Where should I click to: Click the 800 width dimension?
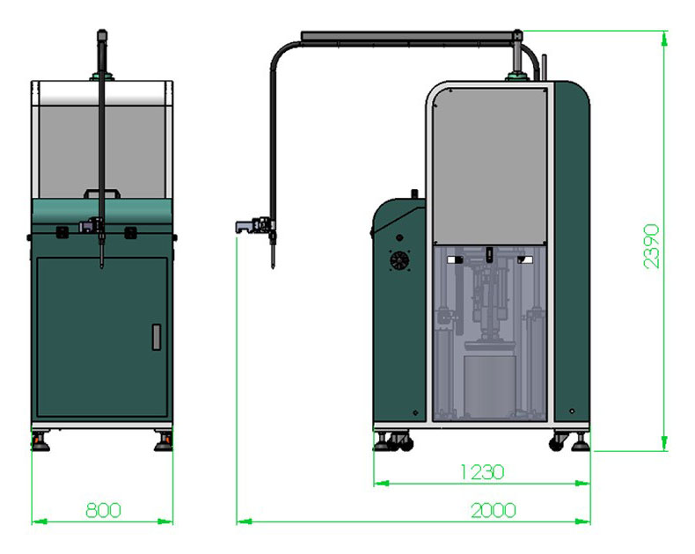(103, 510)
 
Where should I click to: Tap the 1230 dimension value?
(482, 472)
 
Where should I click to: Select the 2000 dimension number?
(494, 511)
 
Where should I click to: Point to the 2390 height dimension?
(651, 246)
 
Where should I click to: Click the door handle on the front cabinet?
(156, 338)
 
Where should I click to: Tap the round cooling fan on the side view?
(399, 260)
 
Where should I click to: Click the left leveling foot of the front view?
(40, 441)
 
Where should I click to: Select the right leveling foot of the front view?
(164, 441)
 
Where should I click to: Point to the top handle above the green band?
(102, 193)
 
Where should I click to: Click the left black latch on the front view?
(62, 232)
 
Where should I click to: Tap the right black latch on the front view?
(130, 232)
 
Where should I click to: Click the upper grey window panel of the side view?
(490, 165)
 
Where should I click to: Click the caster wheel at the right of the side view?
(557, 442)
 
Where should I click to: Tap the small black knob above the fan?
(399, 238)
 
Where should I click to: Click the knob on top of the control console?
(415, 194)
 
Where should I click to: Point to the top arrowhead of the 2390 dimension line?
(664, 39)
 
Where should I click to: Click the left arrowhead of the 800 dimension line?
(40, 521)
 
